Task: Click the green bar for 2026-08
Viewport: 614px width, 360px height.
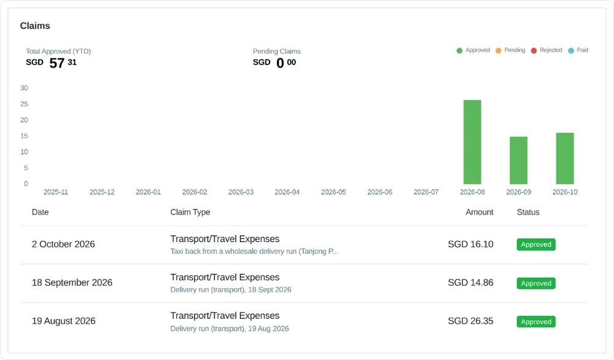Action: [x=472, y=142]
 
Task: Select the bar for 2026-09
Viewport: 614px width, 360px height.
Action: [x=518, y=160]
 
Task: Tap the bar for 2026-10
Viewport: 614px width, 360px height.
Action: [x=565, y=158]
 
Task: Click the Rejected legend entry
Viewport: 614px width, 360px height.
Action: [x=546, y=50]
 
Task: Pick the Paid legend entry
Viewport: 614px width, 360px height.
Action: [x=578, y=50]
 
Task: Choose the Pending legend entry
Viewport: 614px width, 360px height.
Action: [x=510, y=50]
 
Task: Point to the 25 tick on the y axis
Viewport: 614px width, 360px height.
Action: [x=25, y=104]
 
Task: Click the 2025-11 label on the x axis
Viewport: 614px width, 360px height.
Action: [x=56, y=192]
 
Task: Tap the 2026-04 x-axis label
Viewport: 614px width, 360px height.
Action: [x=287, y=192]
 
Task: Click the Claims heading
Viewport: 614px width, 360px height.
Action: [x=35, y=26]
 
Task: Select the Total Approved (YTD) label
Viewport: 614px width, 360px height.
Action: [x=58, y=52]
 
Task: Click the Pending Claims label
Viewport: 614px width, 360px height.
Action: [x=277, y=52]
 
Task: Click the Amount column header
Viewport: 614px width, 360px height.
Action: [x=480, y=212]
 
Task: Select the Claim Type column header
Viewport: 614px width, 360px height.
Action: [x=190, y=212]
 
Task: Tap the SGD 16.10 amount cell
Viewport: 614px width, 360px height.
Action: [x=471, y=244]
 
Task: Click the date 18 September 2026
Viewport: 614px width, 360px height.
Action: [x=72, y=283]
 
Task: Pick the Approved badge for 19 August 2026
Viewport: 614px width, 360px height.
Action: [x=536, y=322]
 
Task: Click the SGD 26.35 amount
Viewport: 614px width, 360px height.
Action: [x=471, y=321]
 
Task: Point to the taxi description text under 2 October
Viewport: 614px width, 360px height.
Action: [x=254, y=251]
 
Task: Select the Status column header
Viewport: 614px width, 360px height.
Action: [x=528, y=212]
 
